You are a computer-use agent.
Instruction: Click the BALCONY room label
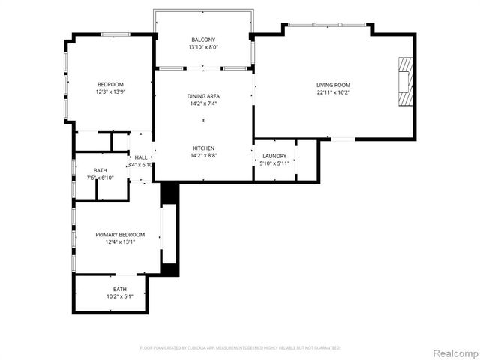(x=202, y=40)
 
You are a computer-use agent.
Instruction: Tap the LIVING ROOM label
(x=333, y=85)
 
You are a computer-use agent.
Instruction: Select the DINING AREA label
(x=202, y=96)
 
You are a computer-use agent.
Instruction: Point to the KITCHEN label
(x=202, y=148)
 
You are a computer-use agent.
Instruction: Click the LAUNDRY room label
(x=274, y=156)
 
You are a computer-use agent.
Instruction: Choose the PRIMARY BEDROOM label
(x=120, y=235)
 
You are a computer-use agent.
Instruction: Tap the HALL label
(x=141, y=157)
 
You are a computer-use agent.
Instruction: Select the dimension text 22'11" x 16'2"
(x=333, y=93)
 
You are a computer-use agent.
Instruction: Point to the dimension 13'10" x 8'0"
(x=202, y=48)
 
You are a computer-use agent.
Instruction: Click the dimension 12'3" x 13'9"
(x=110, y=92)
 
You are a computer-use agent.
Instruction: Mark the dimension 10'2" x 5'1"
(x=120, y=296)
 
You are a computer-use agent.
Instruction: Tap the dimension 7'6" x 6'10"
(x=100, y=178)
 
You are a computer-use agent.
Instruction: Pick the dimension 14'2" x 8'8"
(x=202, y=156)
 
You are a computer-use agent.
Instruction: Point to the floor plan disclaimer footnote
(x=240, y=348)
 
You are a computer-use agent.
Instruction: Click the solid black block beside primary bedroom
(x=170, y=193)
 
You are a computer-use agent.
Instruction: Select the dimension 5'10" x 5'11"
(x=274, y=163)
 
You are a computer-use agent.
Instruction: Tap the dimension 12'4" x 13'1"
(x=120, y=242)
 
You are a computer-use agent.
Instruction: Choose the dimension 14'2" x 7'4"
(x=202, y=104)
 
